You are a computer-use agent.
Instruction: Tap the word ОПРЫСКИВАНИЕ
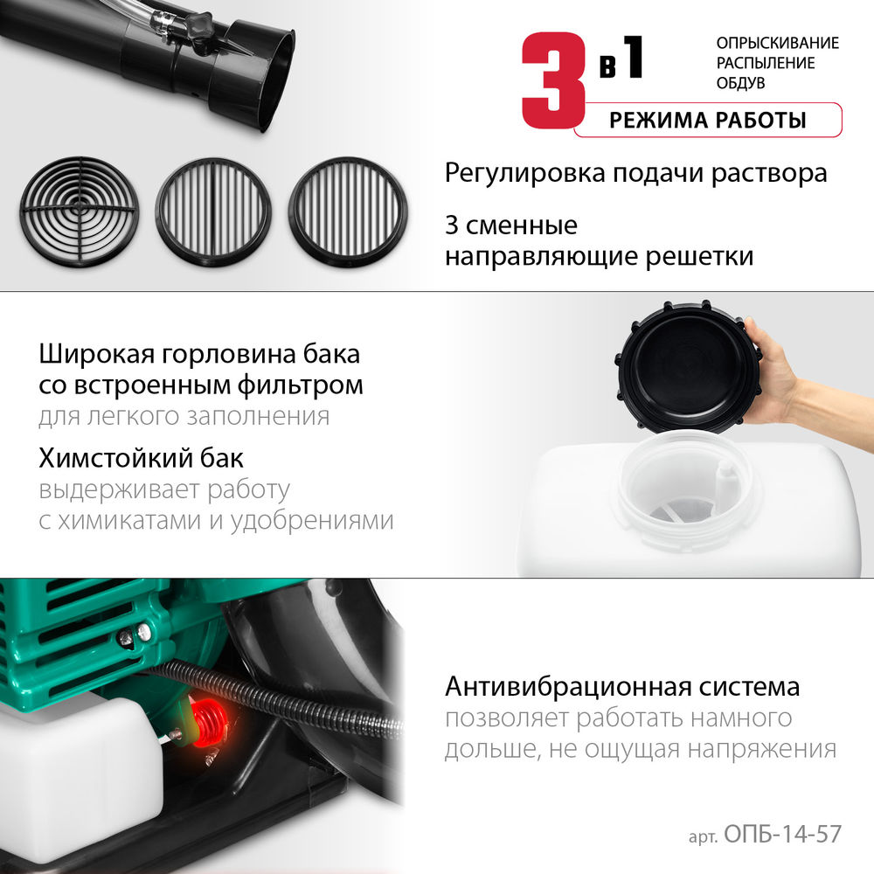click(777, 43)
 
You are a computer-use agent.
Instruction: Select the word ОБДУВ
click(740, 83)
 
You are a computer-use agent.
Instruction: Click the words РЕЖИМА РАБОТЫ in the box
click(708, 121)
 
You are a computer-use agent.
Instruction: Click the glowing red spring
click(207, 725)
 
